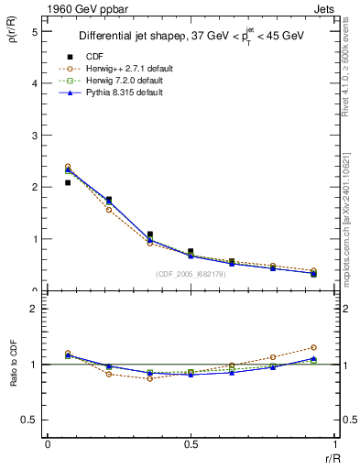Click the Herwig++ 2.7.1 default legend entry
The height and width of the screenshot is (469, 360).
tap(128, 69)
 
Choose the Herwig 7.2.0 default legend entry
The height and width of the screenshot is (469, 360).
tap(128, 81)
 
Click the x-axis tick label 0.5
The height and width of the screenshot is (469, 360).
tap(191, 445)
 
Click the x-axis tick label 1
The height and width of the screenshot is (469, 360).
tap(334, 445)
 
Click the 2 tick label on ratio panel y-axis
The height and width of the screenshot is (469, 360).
tap(33, 309)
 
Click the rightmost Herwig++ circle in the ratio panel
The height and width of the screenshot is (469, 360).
tap(313, 347)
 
